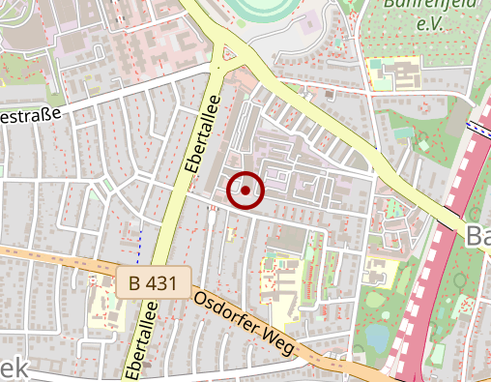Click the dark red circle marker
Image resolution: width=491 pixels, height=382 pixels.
(245, 191)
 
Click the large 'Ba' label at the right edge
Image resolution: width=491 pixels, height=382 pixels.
(477, 236)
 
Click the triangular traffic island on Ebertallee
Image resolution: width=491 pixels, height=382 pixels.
(229, 55)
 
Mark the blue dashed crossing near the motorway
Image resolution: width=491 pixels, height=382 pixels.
(477, 127)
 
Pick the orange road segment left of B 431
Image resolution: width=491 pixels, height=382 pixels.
(58, 258)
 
